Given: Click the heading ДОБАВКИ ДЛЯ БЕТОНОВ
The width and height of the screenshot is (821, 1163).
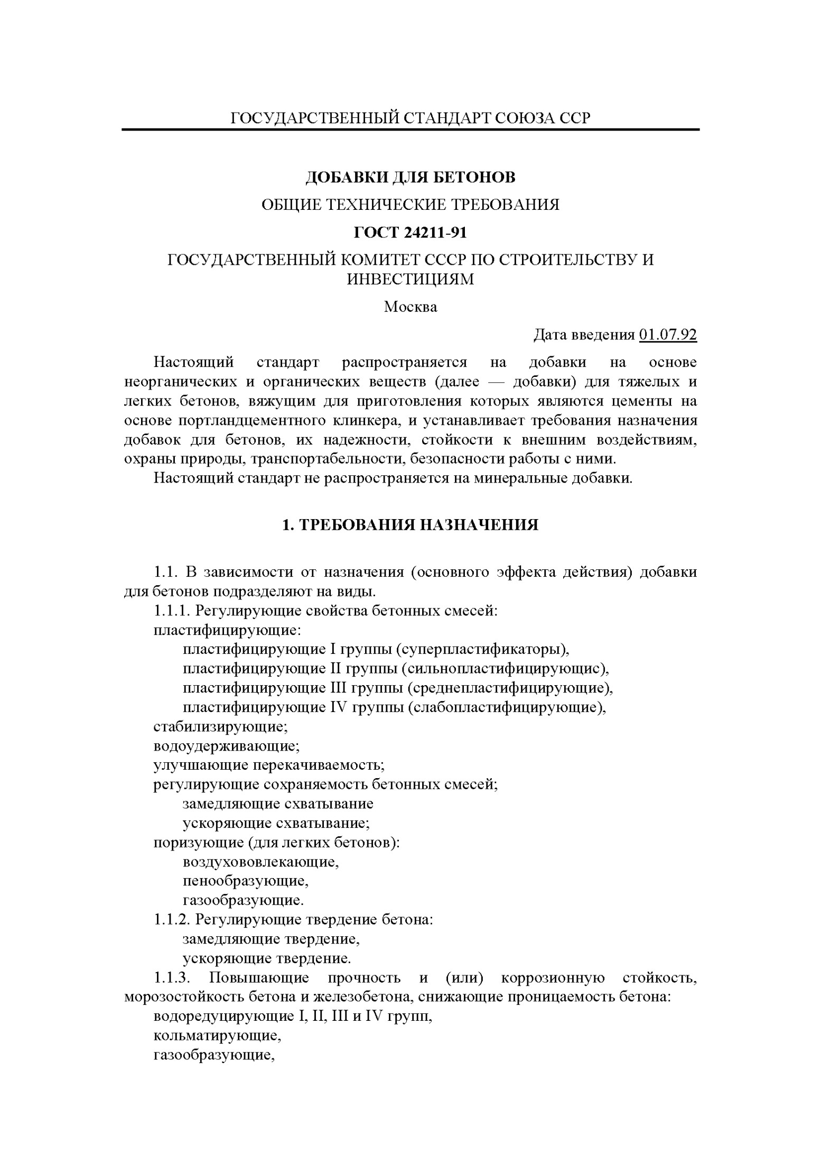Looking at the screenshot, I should tap(410, 177).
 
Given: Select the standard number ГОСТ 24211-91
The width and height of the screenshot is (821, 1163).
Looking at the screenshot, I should tap(410, 232).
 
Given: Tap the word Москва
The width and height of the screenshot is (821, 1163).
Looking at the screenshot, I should tap(410, 307).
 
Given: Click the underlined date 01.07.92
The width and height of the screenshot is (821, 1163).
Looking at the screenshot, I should tap(667, 335).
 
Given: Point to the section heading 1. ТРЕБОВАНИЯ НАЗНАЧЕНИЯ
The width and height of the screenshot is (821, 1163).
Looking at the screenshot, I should tap(410, 525).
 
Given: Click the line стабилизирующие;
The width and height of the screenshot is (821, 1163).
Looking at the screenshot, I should tap(220, 727).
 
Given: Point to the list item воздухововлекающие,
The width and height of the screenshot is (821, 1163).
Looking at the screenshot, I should tap(260, 862).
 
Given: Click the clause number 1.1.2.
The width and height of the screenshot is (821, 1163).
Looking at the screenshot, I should tap(171, 920).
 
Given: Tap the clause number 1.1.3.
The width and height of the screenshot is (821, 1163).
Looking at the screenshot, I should tap(171, 978).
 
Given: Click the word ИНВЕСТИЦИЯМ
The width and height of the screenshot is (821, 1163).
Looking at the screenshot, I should tap(410, 279).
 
